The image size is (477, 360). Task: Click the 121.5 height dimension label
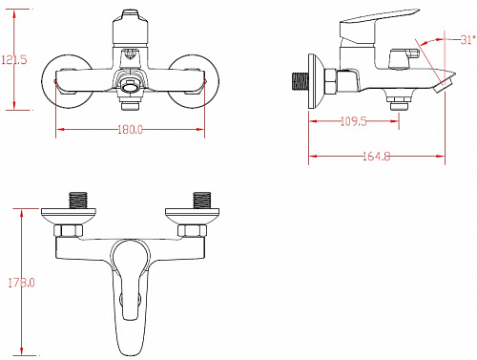14,60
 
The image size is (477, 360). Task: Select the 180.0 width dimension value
131,130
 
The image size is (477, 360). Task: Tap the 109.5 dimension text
354,121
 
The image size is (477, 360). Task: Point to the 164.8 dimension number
377,157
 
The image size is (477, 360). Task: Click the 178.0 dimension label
21,283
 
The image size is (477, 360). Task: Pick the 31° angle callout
467,40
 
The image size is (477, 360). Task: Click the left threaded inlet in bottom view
78,200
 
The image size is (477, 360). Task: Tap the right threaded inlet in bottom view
202,200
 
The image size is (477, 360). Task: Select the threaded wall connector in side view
301,81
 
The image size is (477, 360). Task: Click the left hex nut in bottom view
68,230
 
